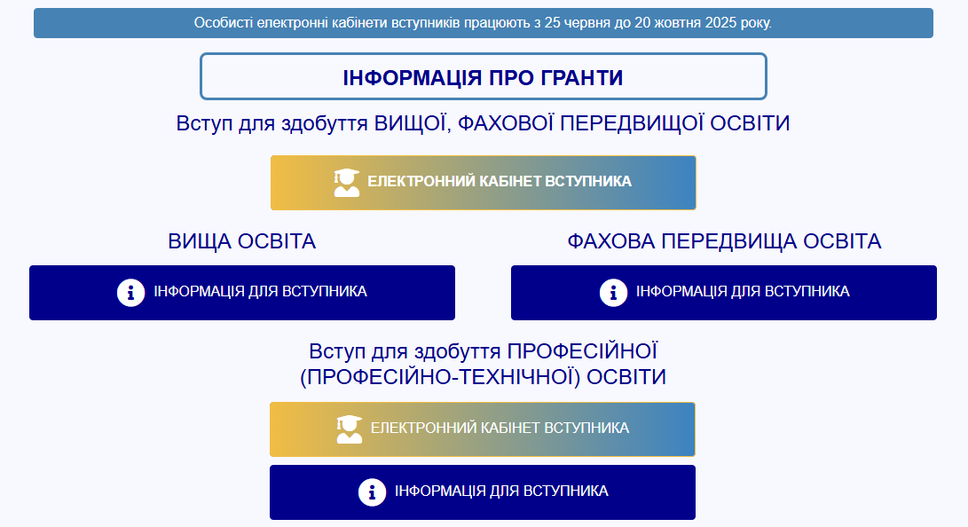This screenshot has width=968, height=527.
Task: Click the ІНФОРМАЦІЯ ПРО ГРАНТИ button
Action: pyautogui.click(x=483, y=77)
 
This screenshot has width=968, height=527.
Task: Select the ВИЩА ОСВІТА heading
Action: pyautogui.click(x=241, y=241)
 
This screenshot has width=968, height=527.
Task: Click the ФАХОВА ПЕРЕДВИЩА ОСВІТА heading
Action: pyautogui.click(x=724, y=241)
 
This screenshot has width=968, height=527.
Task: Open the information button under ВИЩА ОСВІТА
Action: pyautogui.click(x=241, y=292)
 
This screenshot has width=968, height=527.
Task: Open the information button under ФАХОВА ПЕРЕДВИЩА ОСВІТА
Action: pyautogui.click(x=724, y=292)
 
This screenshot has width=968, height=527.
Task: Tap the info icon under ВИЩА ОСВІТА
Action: pyautogui.click(x=130, y=292)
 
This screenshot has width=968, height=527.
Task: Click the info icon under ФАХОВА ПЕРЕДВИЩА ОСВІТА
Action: pyautogui.click(x=613, y=292)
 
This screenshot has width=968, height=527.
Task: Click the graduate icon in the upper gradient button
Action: pyautogui.click(x=347, y=182)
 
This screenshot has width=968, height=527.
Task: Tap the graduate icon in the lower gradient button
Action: pyautogui.click(x=350, y=429)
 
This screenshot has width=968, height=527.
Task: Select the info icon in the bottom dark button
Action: pyautogui.click(x=372, y=492)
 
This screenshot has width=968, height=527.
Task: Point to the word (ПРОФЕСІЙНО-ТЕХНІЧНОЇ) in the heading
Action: pyautogui.click(x=440, y=377)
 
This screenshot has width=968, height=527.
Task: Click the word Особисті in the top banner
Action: pyautogui.click(x=223, y=23)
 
